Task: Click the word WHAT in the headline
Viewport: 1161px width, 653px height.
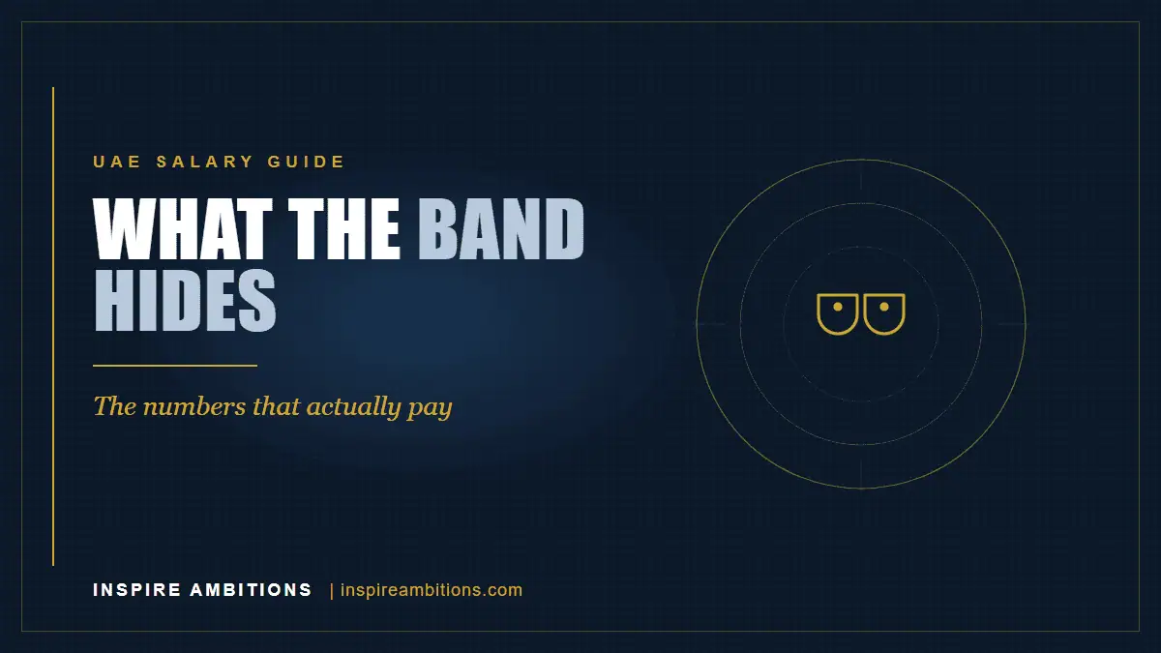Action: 183,228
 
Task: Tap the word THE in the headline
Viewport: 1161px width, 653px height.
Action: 344,228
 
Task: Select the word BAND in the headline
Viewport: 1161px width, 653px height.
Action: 501,228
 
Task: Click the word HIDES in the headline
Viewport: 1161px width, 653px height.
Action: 185,301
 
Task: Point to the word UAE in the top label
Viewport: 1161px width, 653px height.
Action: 117,162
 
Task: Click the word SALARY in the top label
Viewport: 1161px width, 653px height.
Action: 205,162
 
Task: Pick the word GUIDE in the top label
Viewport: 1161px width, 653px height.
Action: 306,162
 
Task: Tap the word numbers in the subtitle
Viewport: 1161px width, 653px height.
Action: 194,407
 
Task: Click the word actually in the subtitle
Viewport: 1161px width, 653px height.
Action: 353,407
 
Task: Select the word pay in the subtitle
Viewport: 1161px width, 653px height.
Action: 430,409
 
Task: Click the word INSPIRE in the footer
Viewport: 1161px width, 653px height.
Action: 136,590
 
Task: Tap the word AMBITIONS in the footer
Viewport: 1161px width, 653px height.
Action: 251,590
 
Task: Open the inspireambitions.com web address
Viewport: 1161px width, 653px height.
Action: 432,590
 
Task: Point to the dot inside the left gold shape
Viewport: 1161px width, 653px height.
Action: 838,308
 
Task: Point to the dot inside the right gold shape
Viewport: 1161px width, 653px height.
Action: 884,308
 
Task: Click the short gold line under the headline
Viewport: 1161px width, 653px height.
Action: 175,366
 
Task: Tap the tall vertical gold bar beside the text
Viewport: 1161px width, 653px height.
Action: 53,327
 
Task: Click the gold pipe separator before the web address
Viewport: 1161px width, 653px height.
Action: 332,591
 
